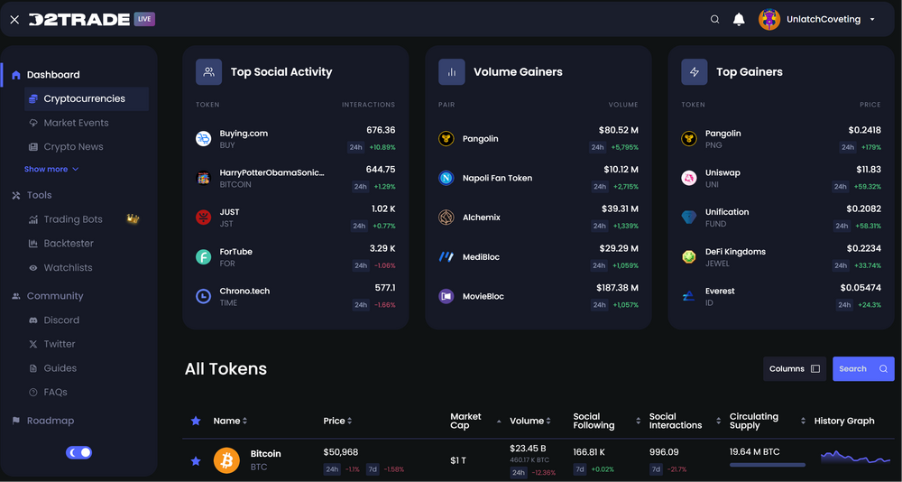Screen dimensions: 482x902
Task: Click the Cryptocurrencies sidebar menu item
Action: coord(84,99)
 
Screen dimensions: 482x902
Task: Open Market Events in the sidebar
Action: coord(76,123)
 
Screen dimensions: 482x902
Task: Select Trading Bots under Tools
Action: coord(73,219)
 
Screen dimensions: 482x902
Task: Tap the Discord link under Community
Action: coord(61,320)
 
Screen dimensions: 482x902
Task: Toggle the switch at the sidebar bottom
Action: coord(78,452)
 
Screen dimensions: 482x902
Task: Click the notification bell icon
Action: coord(739,19)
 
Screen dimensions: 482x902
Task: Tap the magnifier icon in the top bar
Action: coord(715,19)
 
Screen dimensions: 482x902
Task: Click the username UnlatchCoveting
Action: coord(823,19)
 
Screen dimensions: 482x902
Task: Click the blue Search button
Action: coord(862,368)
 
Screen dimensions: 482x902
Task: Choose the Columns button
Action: coord(794,368)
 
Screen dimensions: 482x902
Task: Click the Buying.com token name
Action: coord(244,134)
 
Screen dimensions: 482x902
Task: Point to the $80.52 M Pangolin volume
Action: coord(618,130)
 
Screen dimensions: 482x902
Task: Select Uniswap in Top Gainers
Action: coord(723,172)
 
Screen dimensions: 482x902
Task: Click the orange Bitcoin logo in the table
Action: coord(226,460)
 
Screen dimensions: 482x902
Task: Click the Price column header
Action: coord(335,421)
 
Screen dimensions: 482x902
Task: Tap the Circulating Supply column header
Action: coord(754,421)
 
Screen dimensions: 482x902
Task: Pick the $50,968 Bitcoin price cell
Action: coord(341,452)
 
